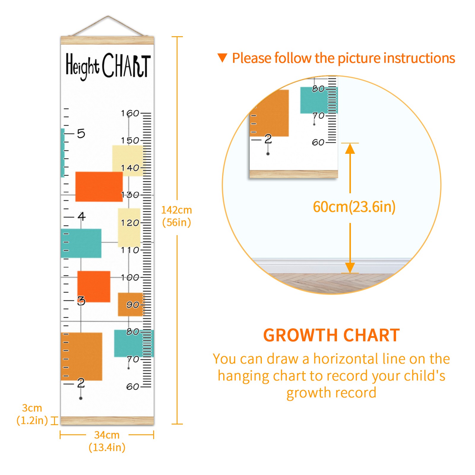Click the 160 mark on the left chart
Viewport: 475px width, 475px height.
coord(130,113)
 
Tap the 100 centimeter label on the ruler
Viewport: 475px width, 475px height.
coord(130,277)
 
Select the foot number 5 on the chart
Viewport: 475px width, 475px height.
coord(81,134)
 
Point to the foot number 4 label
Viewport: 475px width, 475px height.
coord(81,216)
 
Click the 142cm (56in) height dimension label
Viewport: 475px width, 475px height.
coord(176,216)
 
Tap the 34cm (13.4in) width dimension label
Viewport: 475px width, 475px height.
coord(107,441)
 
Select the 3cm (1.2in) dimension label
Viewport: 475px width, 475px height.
coord(32,414)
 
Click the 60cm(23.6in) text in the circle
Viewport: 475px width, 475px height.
coord(354,207)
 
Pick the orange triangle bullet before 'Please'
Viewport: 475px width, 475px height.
coord(222,58)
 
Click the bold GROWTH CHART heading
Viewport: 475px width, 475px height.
coord(332,335)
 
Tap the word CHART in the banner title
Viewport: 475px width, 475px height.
coord(126,65)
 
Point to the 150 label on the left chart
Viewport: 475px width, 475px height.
coord(130,140)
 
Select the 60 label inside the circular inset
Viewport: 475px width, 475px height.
coord(318,142)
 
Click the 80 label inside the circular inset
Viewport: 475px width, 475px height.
coord(318,89)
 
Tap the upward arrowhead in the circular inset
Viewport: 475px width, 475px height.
coord(350,148)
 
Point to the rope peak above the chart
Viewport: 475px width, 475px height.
coord(108,16)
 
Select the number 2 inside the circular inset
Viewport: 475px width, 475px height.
coord(268,139)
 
